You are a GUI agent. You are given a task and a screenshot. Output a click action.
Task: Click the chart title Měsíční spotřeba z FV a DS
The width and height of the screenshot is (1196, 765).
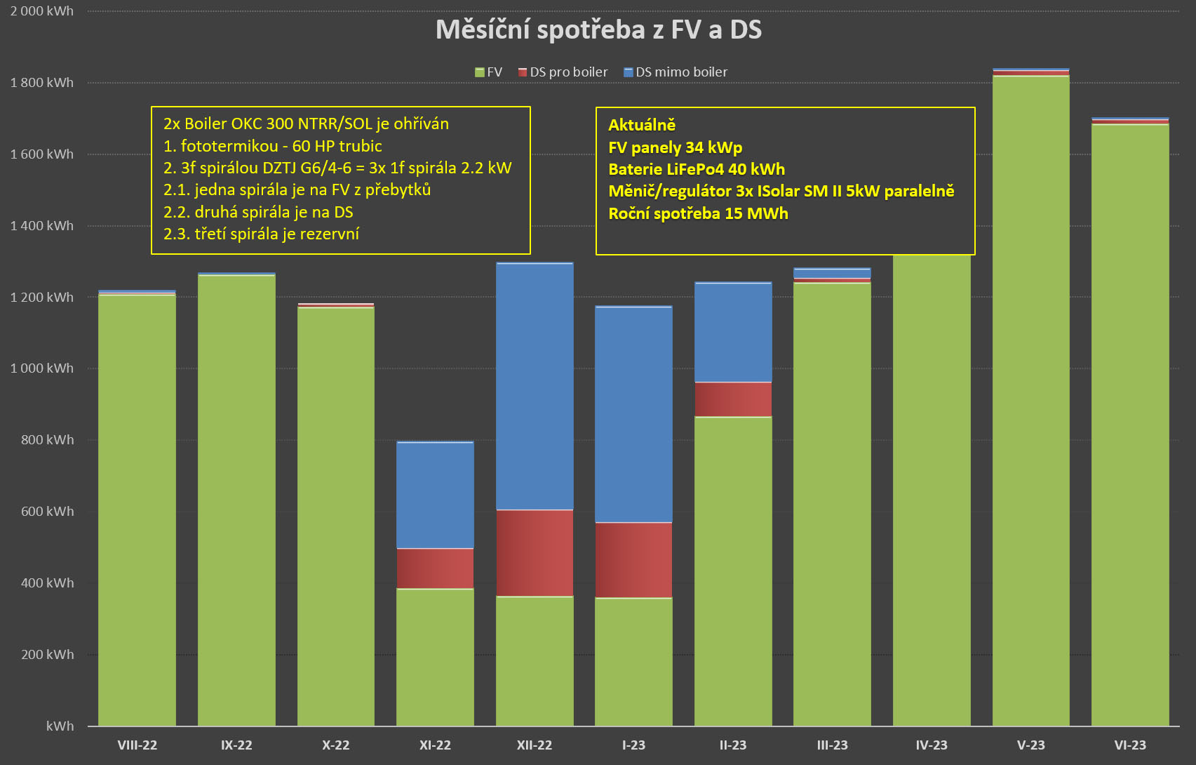tap(598, 29)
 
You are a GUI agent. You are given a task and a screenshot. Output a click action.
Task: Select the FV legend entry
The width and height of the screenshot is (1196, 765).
tap(489, 72)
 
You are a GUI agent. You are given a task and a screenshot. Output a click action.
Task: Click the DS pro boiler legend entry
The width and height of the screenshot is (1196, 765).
tap(563, 72)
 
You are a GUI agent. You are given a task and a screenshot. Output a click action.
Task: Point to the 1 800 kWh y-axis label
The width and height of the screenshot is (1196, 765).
tap(42, 83)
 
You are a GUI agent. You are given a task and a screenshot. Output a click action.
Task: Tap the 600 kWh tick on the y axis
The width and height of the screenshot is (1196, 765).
tap(47, 512)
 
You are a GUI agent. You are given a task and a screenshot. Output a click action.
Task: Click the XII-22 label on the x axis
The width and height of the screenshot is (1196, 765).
tap(535, 745)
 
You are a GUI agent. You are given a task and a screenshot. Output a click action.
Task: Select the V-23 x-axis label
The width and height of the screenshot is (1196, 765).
tap(1030, 745)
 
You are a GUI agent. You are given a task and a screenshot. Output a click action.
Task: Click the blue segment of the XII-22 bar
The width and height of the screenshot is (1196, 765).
tap(535, 386)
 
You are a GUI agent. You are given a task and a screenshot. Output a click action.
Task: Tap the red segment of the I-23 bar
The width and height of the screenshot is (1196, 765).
tap(633, 560)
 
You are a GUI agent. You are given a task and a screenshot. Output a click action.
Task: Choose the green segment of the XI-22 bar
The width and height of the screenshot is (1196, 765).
tap(435, 656)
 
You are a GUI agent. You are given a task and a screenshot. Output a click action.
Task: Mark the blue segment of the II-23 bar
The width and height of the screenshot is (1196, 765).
tap(733, 332)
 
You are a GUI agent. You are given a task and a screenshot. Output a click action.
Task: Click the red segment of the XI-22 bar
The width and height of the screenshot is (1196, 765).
tap(435, 568)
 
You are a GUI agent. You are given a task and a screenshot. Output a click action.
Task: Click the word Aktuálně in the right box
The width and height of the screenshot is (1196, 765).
tap(642, 125)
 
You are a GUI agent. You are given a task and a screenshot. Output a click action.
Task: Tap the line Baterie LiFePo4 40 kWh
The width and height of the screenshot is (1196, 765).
tap(697, 169)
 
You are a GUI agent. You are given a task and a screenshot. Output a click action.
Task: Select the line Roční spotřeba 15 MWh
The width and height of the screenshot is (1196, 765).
tap(698, 213)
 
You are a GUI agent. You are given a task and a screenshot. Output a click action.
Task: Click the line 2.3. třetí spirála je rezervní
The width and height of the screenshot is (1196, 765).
tap(261, 234)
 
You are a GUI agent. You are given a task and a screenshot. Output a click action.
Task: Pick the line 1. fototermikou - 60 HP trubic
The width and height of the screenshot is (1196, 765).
tap(273, 146)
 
